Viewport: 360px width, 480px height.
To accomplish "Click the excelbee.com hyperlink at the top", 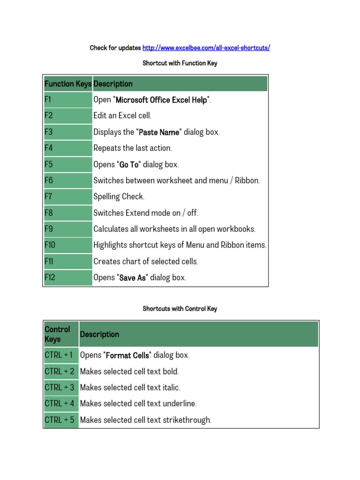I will point(206,48).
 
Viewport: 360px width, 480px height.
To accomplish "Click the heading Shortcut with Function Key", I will point(180,63).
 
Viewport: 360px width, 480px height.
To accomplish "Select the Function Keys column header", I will point(68,84).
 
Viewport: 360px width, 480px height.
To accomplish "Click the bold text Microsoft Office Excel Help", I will point(161,100).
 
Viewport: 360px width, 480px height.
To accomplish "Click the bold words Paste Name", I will point(159,132).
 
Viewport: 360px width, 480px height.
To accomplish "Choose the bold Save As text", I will point(133,277).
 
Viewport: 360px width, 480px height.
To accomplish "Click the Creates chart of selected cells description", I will point(146,262).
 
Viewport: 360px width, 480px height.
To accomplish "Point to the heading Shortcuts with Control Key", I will point(180,309).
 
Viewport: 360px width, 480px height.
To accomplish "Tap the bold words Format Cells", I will point(127,355).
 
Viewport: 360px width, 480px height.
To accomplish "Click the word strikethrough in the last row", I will point(187,420).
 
